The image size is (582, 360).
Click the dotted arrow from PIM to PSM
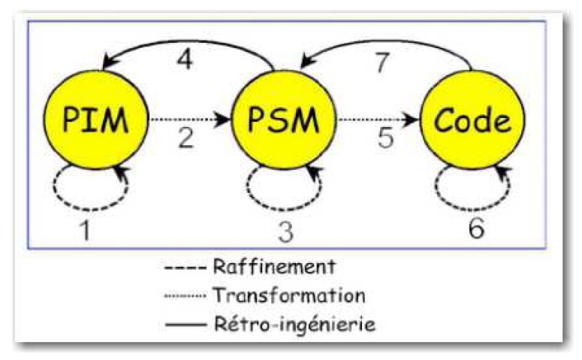point(188,119)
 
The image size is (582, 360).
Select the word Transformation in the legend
point(288,295)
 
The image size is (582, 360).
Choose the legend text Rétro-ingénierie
point(294,325)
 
